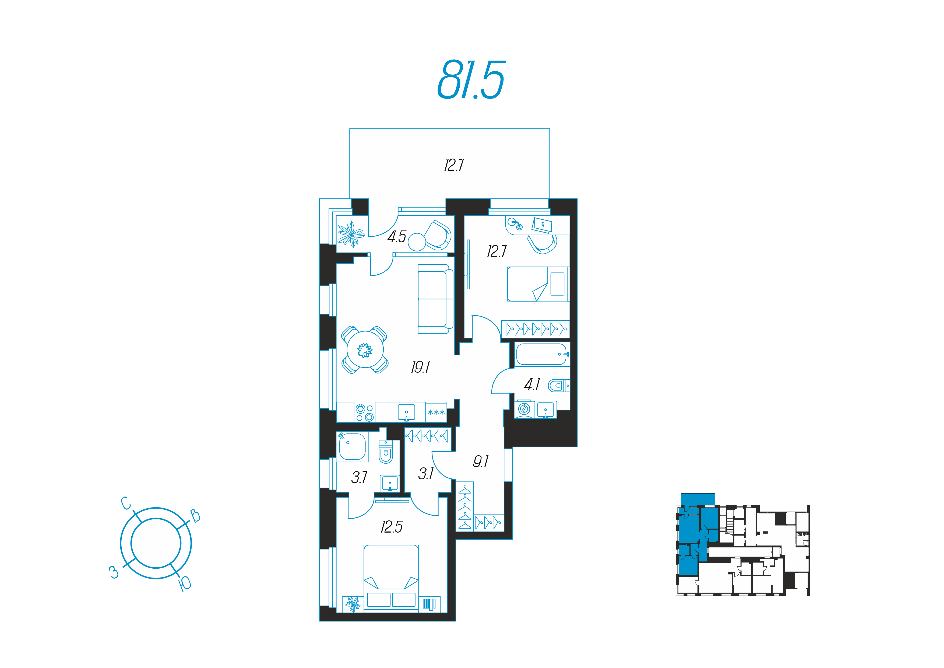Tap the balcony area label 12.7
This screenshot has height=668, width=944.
pos(454,165)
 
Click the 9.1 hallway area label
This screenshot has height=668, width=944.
pos(481,461)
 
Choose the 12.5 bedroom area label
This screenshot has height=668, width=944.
pos(392,527)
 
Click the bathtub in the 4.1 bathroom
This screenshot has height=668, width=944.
pos(542,354)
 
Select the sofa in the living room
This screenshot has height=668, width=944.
pos(435,299)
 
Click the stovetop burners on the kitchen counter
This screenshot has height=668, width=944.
pos(365,412)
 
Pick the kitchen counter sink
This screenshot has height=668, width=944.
pos(406,412)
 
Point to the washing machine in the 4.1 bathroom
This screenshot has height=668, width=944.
pos(524,409)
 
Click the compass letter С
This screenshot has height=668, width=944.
pos(126,503)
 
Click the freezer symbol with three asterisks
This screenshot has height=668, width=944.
pos(436,412)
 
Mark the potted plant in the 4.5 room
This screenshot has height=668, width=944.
pos(351,234)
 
